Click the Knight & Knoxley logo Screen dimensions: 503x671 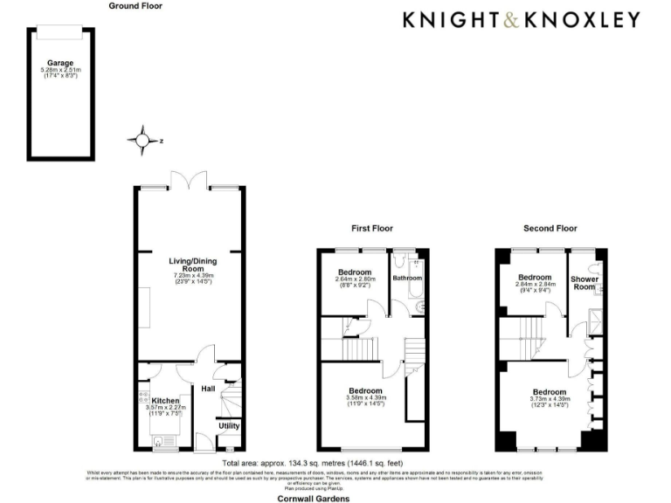click(x=521, y=20)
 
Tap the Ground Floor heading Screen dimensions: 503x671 click(x=135, y=5)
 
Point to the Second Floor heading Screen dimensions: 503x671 click(x=550, y=229)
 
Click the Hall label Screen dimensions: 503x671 click(x=208, y=389)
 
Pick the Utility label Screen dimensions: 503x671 click(x=229, y=425)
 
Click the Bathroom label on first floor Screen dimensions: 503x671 click(x=407, y=279)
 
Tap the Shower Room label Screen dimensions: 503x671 click(x=585, y=282)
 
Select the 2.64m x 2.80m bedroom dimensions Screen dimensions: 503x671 click(x=355, y=282)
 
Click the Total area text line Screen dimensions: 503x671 click(x=312, y=463)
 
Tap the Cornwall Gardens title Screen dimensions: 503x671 click(x=313, y=498)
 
